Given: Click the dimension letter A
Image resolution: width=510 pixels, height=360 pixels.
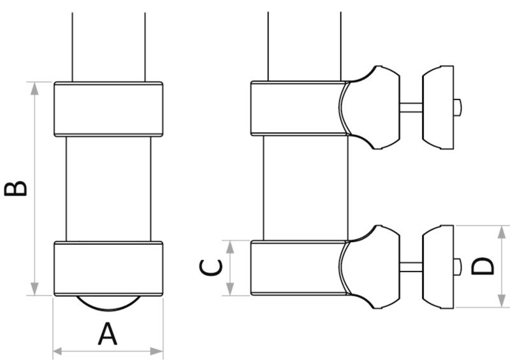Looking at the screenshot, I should [x=108, y=334].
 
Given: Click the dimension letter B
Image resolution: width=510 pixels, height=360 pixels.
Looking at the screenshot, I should [x=15, y=189].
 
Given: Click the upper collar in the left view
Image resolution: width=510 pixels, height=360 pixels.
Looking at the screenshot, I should [x=108, y=109].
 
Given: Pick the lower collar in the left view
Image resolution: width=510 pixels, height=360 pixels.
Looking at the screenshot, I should [x=108, y=268].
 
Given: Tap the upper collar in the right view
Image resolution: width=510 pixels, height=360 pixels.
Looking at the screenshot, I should [x=296, y=109].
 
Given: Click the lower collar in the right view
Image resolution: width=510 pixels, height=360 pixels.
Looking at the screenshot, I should [x=296, y=268].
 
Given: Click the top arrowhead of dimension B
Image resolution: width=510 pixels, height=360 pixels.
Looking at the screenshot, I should [x=34, y=88].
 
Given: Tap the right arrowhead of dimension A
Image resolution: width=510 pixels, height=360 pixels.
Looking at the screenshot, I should [x=159, y=350].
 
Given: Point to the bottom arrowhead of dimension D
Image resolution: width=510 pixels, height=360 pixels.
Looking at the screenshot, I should [x=497, y=302].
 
